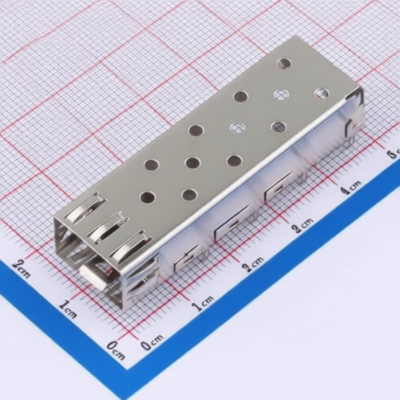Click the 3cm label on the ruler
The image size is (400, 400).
pyautogui.click(x=301, y=227)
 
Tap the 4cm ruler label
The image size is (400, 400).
pyautogui.click(x=351, y=188)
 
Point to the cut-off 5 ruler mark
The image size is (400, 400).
pyautogui.click(x=393, y=153)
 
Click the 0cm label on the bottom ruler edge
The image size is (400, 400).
pyautogui.click(x=152, y=342)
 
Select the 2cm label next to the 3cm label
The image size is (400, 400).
pyautogui.click(x=252, y=266)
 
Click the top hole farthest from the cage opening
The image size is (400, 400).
pyautogui.click(x=284, y=64)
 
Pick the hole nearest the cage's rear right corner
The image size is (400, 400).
pyautogui.click(x=321, y=94)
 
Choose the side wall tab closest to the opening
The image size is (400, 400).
pyautogui.click(x=188, y=255)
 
